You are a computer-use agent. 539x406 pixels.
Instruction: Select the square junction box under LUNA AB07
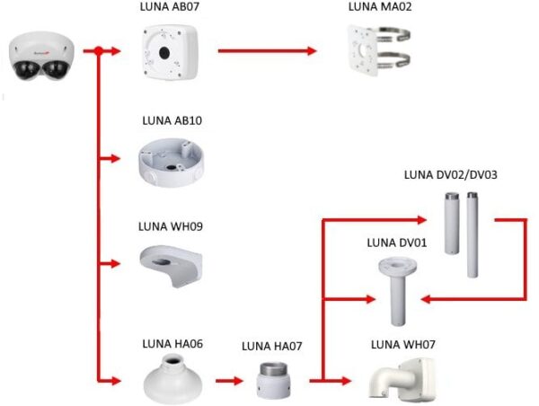tap(172, 50)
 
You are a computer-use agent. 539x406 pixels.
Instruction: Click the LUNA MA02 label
tap(378, 8)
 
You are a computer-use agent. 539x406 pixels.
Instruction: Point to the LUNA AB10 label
tap(172, 120)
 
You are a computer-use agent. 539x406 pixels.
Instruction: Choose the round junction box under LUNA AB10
tap(172, 159)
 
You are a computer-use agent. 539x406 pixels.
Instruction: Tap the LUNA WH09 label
tap(172, 226)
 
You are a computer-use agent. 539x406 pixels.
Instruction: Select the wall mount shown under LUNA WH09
tap(172, 260)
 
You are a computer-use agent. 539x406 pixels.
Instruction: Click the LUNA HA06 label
tap(172, 343)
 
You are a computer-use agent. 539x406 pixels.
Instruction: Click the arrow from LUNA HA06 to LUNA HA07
tap(229, 380)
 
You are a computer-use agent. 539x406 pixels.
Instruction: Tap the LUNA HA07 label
tap(268, 346)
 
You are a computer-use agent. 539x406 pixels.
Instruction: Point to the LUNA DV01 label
tap(396, 243)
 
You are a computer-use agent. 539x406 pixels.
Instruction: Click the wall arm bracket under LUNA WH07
tap(403, 380)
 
